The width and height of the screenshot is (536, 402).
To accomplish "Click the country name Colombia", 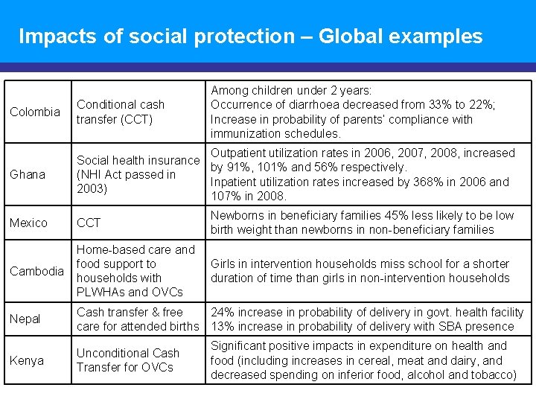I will click(35, 112).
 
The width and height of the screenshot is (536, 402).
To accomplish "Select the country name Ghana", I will click(28, 174).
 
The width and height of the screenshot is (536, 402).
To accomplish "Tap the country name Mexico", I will click(29, 223).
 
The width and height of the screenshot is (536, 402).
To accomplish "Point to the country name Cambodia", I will click(36, 271).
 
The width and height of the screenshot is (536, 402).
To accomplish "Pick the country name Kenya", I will click(27, 360).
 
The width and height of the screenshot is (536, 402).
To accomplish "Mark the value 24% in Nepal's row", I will click(223, 312).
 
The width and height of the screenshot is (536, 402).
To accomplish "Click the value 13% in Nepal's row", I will click(223, 326).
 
